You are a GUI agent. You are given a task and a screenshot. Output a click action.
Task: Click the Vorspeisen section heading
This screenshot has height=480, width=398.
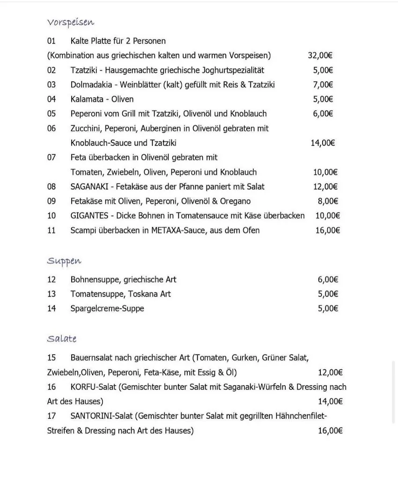point(71,22)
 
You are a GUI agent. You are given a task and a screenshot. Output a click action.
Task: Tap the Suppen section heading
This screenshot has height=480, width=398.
point(65,261)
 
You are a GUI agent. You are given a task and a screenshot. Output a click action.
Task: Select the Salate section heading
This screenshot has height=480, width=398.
point(62,338)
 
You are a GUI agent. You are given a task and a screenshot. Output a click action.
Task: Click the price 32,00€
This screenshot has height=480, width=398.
point(320,55)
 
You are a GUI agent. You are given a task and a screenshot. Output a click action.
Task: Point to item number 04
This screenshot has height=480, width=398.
point(52,99)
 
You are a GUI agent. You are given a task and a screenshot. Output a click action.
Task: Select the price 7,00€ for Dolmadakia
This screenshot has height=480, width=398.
point(323,84)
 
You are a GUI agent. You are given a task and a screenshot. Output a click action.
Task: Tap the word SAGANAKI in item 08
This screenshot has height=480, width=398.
point(89,187)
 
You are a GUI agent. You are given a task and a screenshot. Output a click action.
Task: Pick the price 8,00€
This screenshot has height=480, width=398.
point(328,201)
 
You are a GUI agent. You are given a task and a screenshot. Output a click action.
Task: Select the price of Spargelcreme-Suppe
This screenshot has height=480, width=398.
point(328,308)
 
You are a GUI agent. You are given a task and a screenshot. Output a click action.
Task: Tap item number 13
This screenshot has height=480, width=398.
point(52,294)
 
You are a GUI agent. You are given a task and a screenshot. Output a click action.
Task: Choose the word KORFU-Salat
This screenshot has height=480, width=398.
point(94,387)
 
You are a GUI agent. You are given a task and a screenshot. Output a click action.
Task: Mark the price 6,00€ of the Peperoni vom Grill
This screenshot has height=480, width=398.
point(323,113)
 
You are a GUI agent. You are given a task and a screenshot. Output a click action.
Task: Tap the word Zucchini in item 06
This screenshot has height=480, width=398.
point(86,128)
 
